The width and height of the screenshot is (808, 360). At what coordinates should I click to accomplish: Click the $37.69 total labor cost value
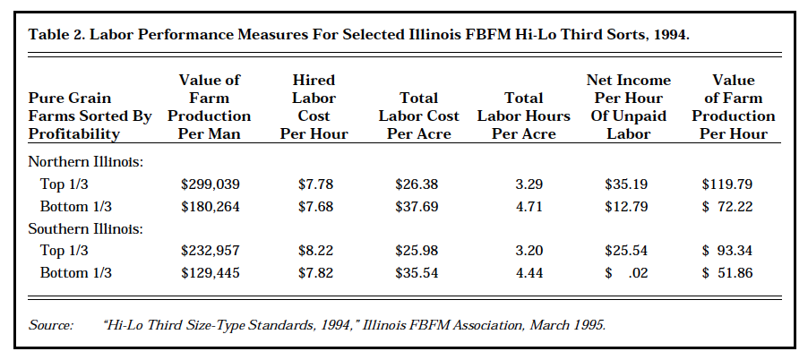point(417,206)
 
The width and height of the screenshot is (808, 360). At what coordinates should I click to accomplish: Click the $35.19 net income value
point(627,184)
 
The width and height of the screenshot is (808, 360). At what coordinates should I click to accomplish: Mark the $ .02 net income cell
point(627,272)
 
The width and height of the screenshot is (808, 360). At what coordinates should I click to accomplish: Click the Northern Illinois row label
point(85,162)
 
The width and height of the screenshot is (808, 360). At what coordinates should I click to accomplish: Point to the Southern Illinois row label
point(86,228)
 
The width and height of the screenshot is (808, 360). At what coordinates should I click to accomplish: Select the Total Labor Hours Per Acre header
point(523,116)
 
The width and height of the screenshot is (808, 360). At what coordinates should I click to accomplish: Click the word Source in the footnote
point(50,325)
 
